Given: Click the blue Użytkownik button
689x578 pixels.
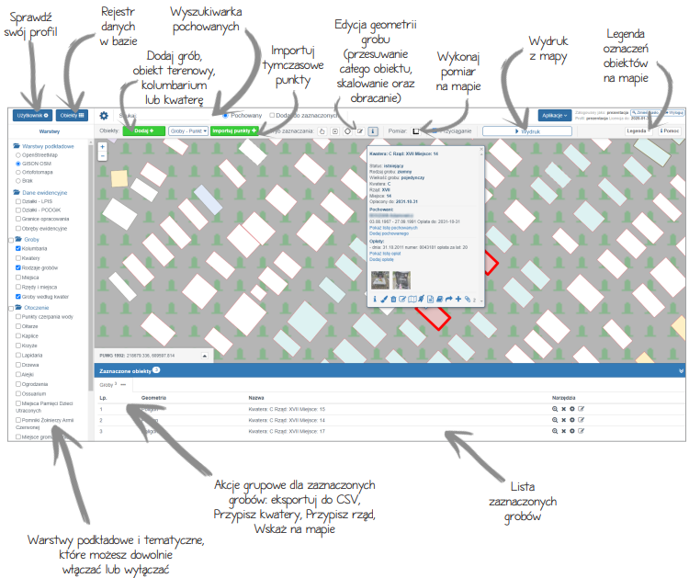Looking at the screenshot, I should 32,115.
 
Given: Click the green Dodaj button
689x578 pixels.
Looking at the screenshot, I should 143,131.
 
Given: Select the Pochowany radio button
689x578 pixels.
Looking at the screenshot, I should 226,115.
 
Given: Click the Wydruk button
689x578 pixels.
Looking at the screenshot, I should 527,131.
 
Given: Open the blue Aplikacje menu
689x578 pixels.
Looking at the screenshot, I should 554,115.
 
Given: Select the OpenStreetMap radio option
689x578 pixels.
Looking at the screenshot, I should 18,154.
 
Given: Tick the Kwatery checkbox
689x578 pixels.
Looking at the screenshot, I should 18,258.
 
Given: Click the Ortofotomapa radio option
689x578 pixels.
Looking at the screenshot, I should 18,171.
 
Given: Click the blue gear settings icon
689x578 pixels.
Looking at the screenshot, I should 104,116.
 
